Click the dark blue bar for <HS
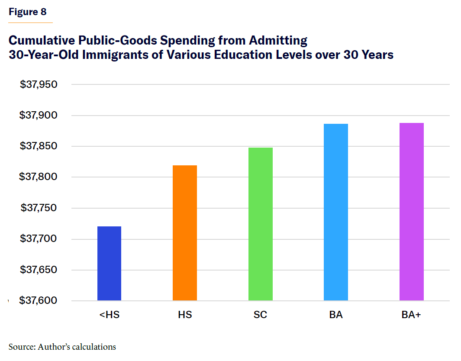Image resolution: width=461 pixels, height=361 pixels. click(109, 263)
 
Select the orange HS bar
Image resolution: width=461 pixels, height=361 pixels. click(185, 233)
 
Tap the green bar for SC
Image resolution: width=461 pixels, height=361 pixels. click(260, 224)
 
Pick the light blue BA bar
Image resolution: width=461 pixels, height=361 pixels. click(336, 212)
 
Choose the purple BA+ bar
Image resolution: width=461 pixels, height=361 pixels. click(411, 212)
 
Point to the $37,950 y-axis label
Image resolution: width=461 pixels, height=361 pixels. click(39, 84)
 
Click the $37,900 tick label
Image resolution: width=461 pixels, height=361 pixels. click(39, 115)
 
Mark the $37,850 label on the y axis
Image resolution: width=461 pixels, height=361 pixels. click(39, 146)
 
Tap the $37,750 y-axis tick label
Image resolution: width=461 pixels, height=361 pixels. click(39, 208)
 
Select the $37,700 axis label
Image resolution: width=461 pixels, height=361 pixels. click(39, 239)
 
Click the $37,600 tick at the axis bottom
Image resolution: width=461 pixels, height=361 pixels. click(39, 300)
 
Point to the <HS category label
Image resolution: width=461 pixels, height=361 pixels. click(109, 315)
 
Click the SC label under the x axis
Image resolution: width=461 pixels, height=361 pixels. click(260, 315)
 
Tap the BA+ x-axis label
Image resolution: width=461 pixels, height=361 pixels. click(411, 315)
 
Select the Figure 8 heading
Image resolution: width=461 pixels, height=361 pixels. click(28, 12)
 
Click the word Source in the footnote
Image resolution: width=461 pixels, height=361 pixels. click(21, 347)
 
